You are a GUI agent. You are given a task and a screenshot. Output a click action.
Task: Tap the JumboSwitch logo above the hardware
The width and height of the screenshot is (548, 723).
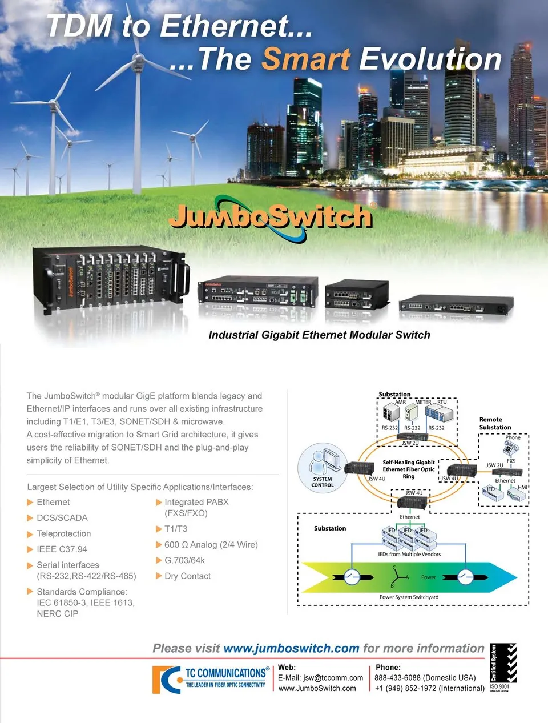[x=271, y=217]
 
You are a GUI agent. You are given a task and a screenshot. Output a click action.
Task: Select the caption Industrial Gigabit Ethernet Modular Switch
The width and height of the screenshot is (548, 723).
[x=319, y=335]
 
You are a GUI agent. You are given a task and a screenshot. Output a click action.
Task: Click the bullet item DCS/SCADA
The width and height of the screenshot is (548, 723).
[x=62, y=518]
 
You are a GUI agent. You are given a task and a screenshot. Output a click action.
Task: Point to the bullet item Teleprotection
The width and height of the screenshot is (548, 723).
[x=63, y=533]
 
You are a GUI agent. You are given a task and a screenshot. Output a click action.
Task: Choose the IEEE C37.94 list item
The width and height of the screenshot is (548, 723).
[x=62, y=549]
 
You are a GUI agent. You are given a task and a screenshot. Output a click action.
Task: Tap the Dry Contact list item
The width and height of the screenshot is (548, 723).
[x=187, y=576]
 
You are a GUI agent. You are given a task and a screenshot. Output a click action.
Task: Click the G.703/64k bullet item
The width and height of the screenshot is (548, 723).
[x=184, y=560]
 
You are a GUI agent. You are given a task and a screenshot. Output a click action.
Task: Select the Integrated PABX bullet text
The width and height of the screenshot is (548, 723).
[x=196, y=503]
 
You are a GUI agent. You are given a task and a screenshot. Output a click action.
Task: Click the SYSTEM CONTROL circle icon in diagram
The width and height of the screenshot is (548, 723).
[x=323, y=466]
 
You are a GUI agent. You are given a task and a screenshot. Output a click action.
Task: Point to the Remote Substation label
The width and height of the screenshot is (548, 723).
[x=495, y=423]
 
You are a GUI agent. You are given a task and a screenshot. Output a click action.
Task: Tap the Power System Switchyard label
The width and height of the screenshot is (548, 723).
[x=409, y=597]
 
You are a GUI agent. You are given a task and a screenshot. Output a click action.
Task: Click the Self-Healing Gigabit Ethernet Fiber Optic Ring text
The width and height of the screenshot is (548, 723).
[x=408, y=469]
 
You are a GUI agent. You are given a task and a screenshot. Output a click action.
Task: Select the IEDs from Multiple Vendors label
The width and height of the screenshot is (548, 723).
[x=409, y=554]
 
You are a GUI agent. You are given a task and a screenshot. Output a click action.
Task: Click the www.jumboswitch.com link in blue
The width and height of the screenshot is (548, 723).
[x=291, y=649]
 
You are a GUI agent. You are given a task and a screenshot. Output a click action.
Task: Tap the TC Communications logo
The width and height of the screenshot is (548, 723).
[x=210, y=679]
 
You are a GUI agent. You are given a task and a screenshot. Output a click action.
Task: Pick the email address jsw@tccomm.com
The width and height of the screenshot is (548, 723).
[x=333, y=678]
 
